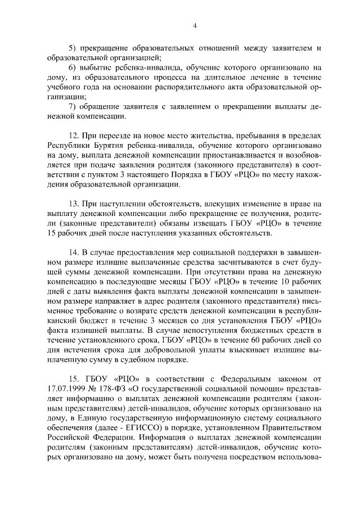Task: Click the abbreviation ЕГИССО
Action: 145,434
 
